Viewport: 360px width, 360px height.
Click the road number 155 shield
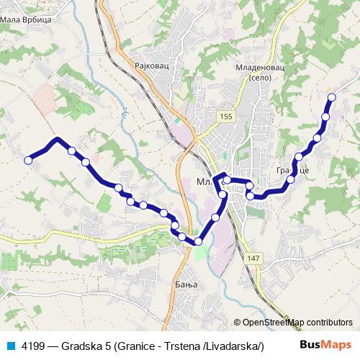click(228, 115)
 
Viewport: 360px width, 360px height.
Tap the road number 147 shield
click(251, 258)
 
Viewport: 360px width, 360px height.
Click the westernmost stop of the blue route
click(29, 161)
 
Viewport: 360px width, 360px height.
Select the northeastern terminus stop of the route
click(332, 96)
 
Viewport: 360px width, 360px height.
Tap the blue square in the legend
click(10, 345)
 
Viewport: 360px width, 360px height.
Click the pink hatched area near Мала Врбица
click(44, 98)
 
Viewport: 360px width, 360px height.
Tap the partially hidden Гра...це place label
click(293, 174)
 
